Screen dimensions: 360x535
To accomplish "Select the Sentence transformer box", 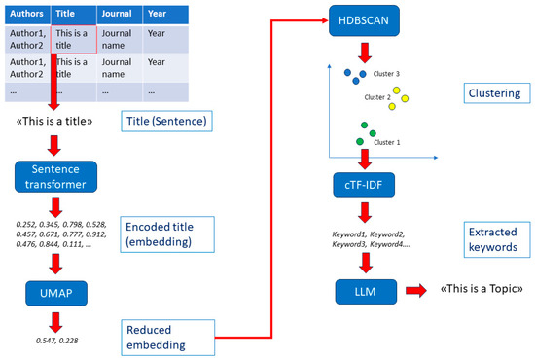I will (x=55, y=176).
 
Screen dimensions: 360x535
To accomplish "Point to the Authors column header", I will (x=25, y=15).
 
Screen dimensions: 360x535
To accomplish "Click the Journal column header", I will (x=119, y=15).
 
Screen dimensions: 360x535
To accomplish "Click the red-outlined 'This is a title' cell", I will (x=73, y=39).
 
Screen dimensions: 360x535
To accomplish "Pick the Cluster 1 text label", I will (x=387, y=142).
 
